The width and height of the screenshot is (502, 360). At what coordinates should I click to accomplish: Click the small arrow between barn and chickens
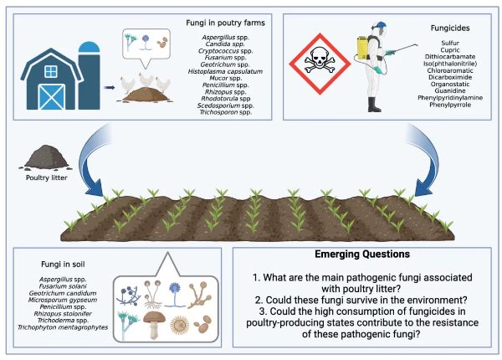(109, 85)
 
